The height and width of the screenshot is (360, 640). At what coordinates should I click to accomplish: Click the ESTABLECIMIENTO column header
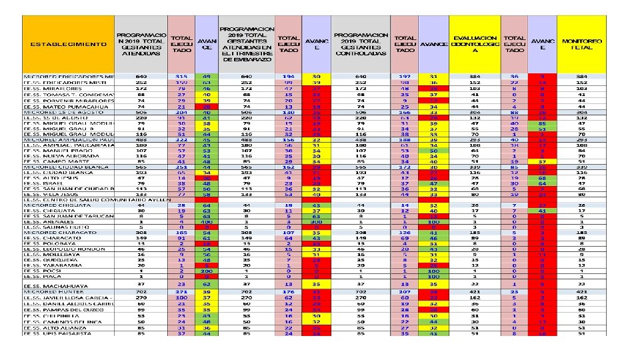(67, 44)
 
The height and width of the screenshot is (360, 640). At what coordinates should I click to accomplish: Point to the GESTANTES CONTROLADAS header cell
(361, 45)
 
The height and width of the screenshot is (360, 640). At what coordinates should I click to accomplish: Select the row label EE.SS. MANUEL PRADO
(59, 151)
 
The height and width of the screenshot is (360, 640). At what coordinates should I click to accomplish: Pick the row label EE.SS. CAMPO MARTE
(59, 161)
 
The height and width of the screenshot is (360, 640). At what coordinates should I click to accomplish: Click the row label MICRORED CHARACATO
(61, 231)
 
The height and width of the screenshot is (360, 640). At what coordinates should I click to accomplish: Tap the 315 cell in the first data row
(181, 77)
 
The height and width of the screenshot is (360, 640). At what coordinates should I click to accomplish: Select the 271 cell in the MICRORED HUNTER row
(181, 291)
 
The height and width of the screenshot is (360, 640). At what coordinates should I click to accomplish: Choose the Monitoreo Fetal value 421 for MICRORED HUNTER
(582, 291)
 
